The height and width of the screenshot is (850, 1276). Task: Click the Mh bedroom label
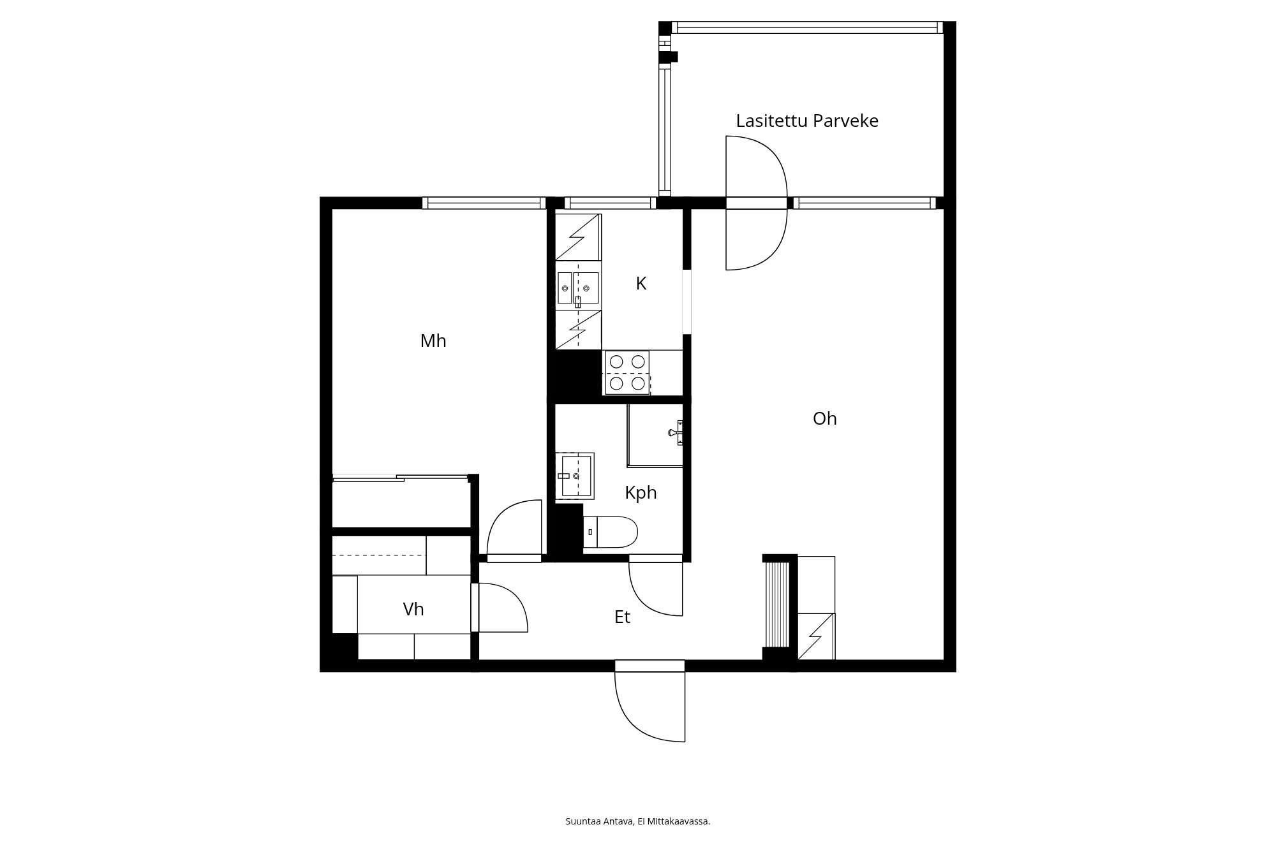(433, 341)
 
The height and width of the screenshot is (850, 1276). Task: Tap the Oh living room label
(824, 418)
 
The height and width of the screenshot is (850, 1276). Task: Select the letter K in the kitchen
(641, 284)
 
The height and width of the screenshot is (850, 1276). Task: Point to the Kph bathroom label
(641, 493)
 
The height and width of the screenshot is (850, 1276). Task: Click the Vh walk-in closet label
(413, 610)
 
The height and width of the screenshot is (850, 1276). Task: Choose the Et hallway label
(622, 617)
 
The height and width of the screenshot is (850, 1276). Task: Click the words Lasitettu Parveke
(807, 121)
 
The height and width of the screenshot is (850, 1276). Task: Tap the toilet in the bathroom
(611, 532)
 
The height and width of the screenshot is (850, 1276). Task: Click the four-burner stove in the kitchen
(627, 372)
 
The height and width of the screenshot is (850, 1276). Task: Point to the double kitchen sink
(578, 288)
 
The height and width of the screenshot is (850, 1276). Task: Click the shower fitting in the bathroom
(676, 432)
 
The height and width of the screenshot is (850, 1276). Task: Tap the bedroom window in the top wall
(484, 203)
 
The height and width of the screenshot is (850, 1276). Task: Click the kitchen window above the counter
(610, 203)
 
